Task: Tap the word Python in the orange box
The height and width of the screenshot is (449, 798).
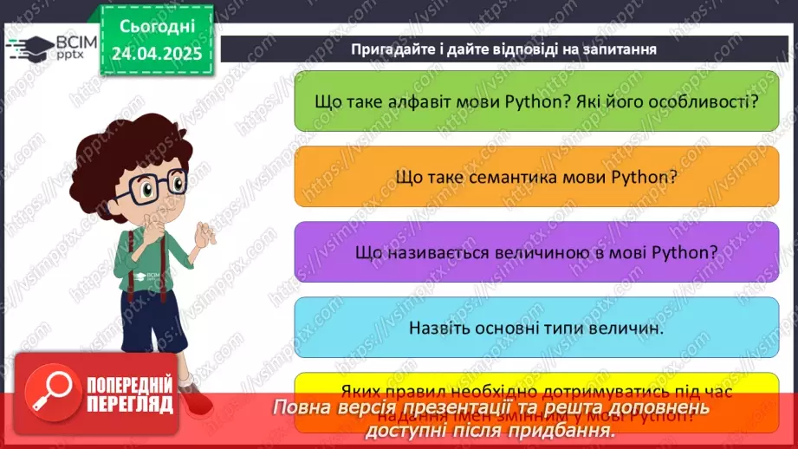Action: (643, 176)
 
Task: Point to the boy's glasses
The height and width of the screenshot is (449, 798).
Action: (152, 185)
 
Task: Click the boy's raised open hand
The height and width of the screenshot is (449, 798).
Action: (206, 235)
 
